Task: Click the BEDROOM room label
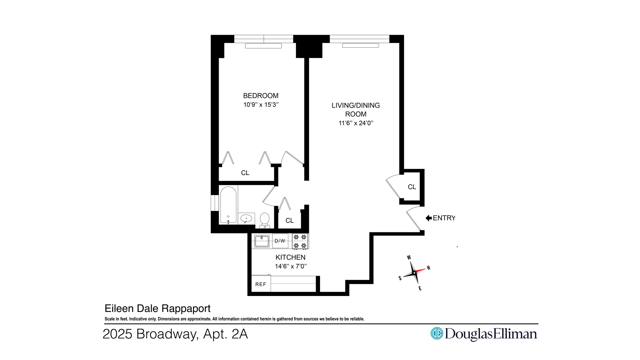261,96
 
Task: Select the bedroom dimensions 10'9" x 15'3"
261,105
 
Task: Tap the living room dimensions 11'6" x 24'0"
356,123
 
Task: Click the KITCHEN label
290,257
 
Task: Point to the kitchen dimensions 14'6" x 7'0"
290,266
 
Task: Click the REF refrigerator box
261,284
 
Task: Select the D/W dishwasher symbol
280,241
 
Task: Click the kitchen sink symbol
262,241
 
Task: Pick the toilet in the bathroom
265,220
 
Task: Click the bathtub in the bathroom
228,205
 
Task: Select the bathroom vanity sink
246,219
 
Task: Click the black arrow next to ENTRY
429,218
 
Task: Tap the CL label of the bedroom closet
245,173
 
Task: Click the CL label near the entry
412,187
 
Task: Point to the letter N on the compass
429,268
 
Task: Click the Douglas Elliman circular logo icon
436,333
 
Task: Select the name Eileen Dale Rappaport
158,308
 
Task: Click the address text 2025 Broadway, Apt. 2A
175,334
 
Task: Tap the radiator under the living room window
360,45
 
